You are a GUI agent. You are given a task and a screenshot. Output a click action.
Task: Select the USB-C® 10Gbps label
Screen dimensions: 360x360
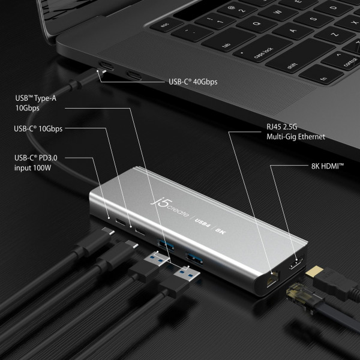pyautogui.click(x=38, y=128)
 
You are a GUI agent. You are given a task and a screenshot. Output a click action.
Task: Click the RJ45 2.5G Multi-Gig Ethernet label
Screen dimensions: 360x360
pyautogui.click(x=287, y=132)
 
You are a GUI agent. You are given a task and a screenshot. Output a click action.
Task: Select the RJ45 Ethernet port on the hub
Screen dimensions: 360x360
pyautogui.click(x=272, y=279)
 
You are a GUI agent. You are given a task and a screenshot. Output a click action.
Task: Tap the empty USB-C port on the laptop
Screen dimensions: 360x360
pyautogui.click(x=133, y=76)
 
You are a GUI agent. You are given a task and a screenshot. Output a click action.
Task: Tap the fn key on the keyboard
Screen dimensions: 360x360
pyautogui.click(x=324, y=79)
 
